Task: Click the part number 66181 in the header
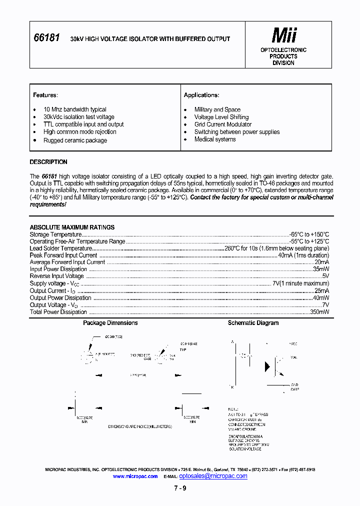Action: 46,38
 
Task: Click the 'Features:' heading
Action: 45,95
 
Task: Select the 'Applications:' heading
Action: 201,95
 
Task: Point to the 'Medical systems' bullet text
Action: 215,139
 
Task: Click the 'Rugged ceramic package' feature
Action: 75,140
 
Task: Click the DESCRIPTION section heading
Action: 48,162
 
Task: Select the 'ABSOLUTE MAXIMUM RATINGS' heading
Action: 72,227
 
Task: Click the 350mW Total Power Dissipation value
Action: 319,312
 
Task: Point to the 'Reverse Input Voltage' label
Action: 56,276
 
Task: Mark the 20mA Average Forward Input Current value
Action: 321,262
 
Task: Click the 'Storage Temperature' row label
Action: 55,234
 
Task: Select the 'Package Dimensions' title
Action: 110,323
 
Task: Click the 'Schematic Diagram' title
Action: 253,323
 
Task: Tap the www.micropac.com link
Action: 135,476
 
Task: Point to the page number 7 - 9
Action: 180,488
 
